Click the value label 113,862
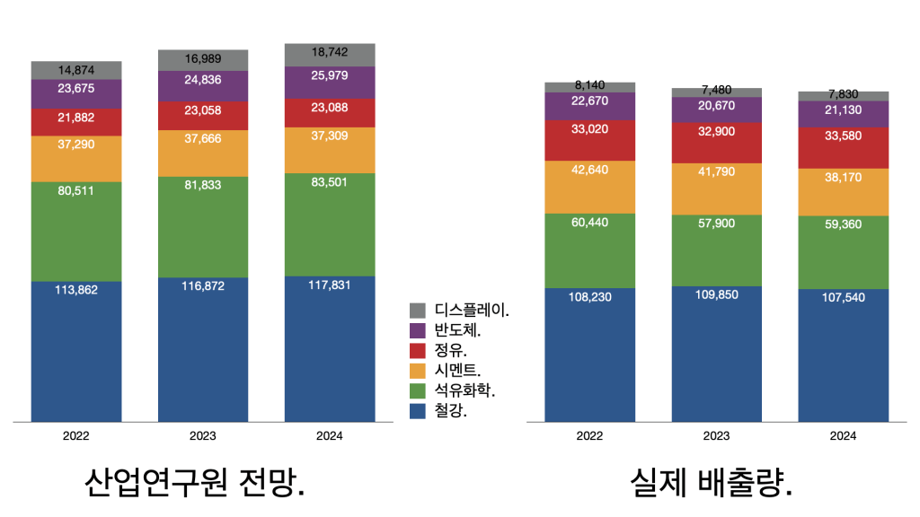pos(76,289)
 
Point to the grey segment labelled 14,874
pos(76,70)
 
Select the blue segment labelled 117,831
pos(330,350)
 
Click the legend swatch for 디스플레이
pos(417,310)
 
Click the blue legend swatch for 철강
pos(417,411)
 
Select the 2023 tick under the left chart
pos(203,435)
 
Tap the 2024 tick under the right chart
pos(843,435)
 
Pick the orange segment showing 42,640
pos(590,187)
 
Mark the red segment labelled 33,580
pos(843,147)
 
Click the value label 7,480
pos(716,90)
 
